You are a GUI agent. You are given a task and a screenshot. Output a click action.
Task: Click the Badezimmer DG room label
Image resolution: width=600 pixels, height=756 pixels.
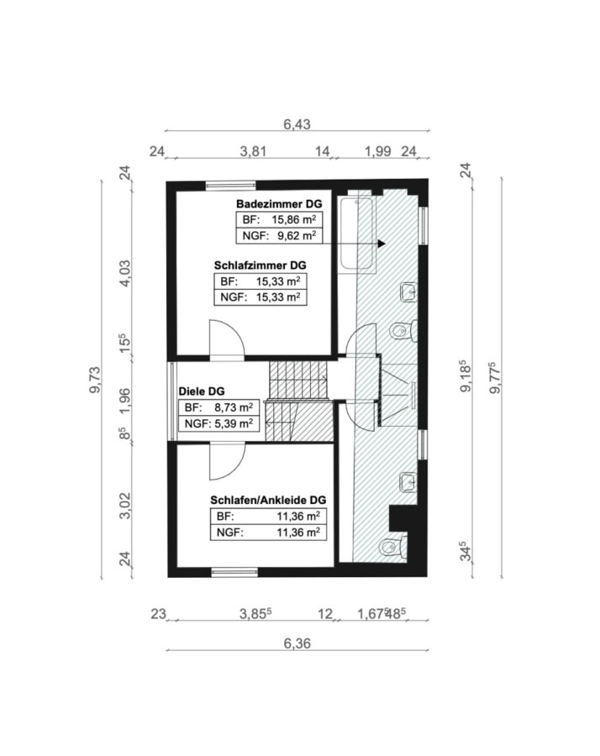click(279, 204)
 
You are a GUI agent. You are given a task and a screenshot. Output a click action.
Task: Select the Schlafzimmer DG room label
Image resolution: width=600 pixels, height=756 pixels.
click(260, 265)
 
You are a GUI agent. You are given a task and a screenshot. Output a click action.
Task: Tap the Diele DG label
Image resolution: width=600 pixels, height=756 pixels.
click(202, 391)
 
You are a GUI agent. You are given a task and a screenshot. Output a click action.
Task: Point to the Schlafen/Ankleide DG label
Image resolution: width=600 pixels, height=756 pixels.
click(268, 500)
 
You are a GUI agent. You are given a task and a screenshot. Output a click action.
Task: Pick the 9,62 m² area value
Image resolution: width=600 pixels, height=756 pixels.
click(297, 235)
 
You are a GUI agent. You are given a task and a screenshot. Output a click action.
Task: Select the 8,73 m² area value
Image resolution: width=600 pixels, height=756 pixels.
click(234, 407)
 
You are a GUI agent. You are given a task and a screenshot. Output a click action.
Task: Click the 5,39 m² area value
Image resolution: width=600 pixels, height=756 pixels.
click(234, 423)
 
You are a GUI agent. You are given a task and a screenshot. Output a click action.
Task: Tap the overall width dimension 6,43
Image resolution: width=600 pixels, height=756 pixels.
click(297, 124)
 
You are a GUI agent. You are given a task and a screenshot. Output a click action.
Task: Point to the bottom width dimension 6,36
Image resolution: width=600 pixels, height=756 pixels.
click(297, 643)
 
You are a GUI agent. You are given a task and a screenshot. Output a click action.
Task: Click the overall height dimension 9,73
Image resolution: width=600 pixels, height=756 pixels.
click(95, 380)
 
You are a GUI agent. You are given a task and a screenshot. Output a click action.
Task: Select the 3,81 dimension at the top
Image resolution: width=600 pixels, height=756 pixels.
click(253, 151)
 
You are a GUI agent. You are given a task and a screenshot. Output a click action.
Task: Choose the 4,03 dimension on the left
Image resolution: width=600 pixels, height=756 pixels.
click(124, 273)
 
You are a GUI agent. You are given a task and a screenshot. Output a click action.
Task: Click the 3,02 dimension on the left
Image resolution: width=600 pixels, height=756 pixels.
click(124, 506)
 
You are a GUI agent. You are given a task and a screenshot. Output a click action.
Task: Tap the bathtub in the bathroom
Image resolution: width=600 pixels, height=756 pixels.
click(357, 234)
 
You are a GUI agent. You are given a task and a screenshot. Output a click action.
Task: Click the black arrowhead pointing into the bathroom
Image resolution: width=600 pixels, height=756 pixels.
click(382, 244)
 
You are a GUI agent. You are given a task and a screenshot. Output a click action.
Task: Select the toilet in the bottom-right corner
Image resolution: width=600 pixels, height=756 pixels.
click(392, 546)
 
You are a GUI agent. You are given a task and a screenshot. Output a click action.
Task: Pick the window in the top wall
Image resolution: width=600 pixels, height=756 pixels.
click(231, 184)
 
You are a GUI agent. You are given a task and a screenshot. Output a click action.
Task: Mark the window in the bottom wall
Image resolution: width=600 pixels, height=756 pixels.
click(235, 572)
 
